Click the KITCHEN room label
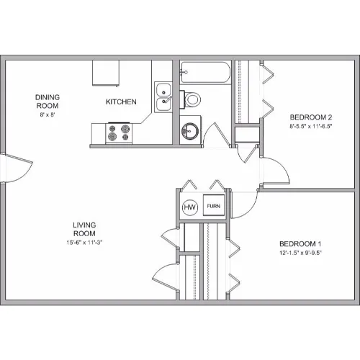click(121, 102)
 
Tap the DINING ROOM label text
click(48, 102)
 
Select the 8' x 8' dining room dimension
click(48, 114)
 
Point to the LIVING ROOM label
click(84, 229)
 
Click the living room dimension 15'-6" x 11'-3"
click(84, 243)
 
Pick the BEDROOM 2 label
click(311, 117)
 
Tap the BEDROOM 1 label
click(300, 244)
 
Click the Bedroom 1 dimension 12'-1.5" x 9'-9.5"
click(300, 253)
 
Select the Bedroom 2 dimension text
click(311, 126)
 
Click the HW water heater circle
click(190, 207)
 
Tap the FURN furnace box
click(214, 205)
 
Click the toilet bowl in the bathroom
click(192, 99)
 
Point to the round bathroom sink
click(190, 131)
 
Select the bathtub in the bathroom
click(205, 73)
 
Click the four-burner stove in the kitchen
click(119, 133)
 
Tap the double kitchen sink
click(163, 97)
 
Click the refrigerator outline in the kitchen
click(106, 73)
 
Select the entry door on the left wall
click(17, 168)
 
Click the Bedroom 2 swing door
click(276, 171)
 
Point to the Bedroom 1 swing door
click(244, 204)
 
